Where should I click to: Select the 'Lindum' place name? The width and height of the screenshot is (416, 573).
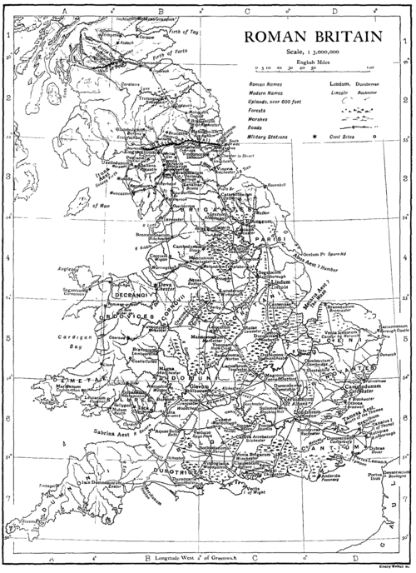[x=280, y=285]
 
